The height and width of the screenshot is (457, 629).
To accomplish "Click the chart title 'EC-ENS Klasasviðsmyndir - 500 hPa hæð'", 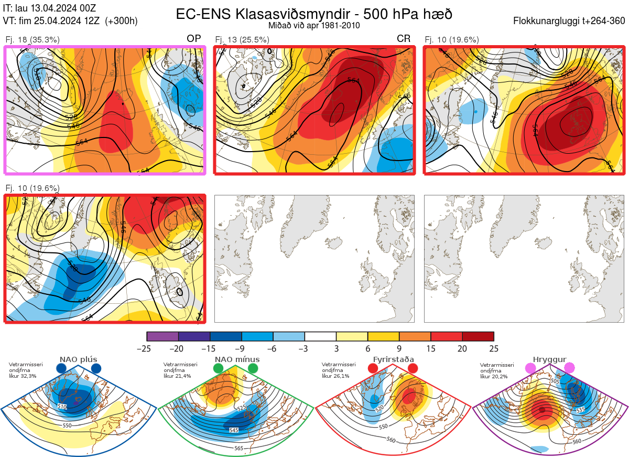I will (314, 14).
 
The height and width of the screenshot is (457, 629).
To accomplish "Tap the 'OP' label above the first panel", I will (194, 39).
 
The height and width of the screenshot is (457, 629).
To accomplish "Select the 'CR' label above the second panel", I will (404, 39).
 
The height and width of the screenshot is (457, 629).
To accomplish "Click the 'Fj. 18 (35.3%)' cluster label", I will (32, 39).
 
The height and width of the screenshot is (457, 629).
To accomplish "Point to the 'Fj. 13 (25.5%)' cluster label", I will (242, 39).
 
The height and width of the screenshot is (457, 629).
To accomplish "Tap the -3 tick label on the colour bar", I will (305, 348).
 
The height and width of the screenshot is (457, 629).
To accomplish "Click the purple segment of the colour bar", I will (162, 336).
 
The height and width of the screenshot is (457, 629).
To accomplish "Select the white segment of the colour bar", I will (320, 336).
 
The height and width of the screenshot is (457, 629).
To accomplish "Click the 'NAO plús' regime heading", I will (79, 359).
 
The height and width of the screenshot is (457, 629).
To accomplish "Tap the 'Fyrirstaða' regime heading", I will (394, 359).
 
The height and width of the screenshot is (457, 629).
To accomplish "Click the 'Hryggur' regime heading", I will (551, 359).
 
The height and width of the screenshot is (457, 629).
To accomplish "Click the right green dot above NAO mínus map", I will (253, 368).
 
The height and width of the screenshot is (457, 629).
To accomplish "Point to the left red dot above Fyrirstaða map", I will (373, 368).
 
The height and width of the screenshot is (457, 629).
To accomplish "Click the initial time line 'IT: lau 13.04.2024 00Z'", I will (49, 8).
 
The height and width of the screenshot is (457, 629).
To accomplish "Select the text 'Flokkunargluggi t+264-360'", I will (571, 21).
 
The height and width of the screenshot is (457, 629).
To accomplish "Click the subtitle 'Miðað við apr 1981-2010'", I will (314, 25).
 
